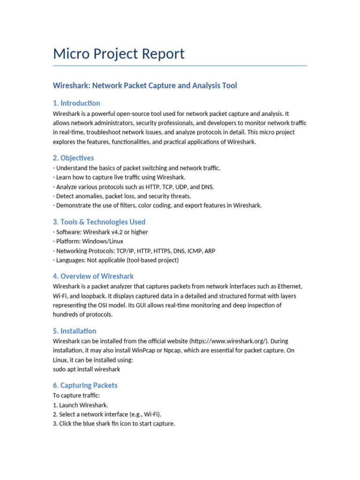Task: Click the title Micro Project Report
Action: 119,54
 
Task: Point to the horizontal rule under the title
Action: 180,66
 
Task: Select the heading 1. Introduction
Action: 76,103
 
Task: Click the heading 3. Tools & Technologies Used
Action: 99,222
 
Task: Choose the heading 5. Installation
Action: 75,331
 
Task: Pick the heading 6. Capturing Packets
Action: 85,385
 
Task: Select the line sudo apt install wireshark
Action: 87,369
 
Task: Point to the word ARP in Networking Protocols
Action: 210,251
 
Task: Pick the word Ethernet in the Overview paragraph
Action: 290,286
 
